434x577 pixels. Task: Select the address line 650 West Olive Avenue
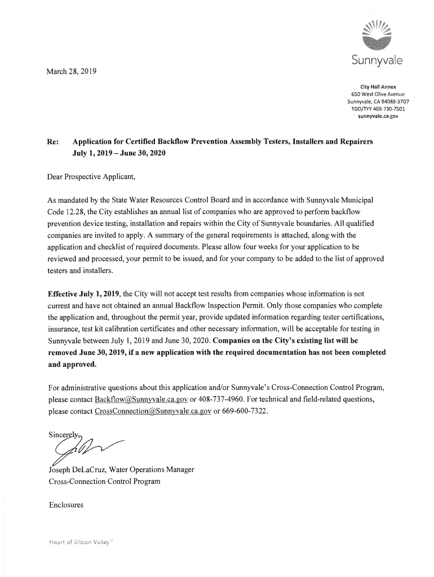[375, 94]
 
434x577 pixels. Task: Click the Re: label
[55, 141]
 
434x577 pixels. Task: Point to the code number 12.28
[77, 211]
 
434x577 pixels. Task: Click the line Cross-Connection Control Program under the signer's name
[104, 481]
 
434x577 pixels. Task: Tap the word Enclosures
[67, 505]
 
